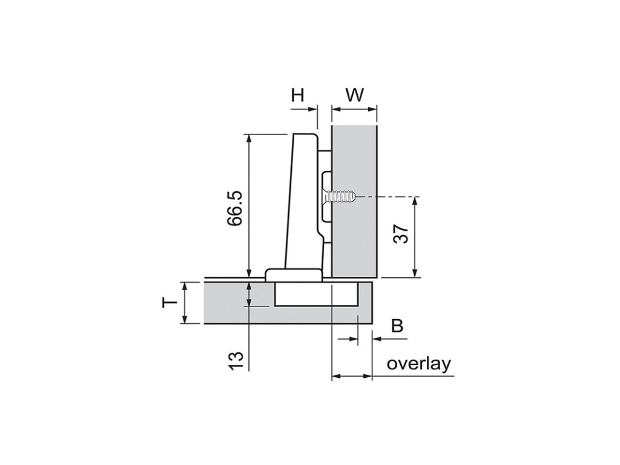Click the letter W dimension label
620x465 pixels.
(x=355, y=94)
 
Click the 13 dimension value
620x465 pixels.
(x=237, y=360)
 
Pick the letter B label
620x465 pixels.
(x=397, y=326)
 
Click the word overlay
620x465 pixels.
(x=419, y=364)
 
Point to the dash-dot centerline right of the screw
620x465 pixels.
(x=387, y=197)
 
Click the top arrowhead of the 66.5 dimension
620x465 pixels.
(x=249, y=138)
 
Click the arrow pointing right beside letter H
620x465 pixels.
(x=312, y=110)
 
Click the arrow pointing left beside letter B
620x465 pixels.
(x=376, y=340)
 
